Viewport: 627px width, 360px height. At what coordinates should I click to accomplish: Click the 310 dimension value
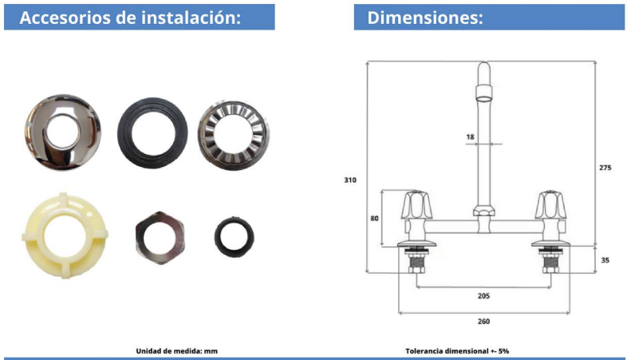click(x=350, y=180)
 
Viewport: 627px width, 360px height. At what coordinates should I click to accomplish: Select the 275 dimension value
click(x=605, y=168)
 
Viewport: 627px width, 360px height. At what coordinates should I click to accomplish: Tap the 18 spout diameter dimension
click(x=471, y=136)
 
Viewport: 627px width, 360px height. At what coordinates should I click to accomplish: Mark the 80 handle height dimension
click(x=374, y=219)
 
